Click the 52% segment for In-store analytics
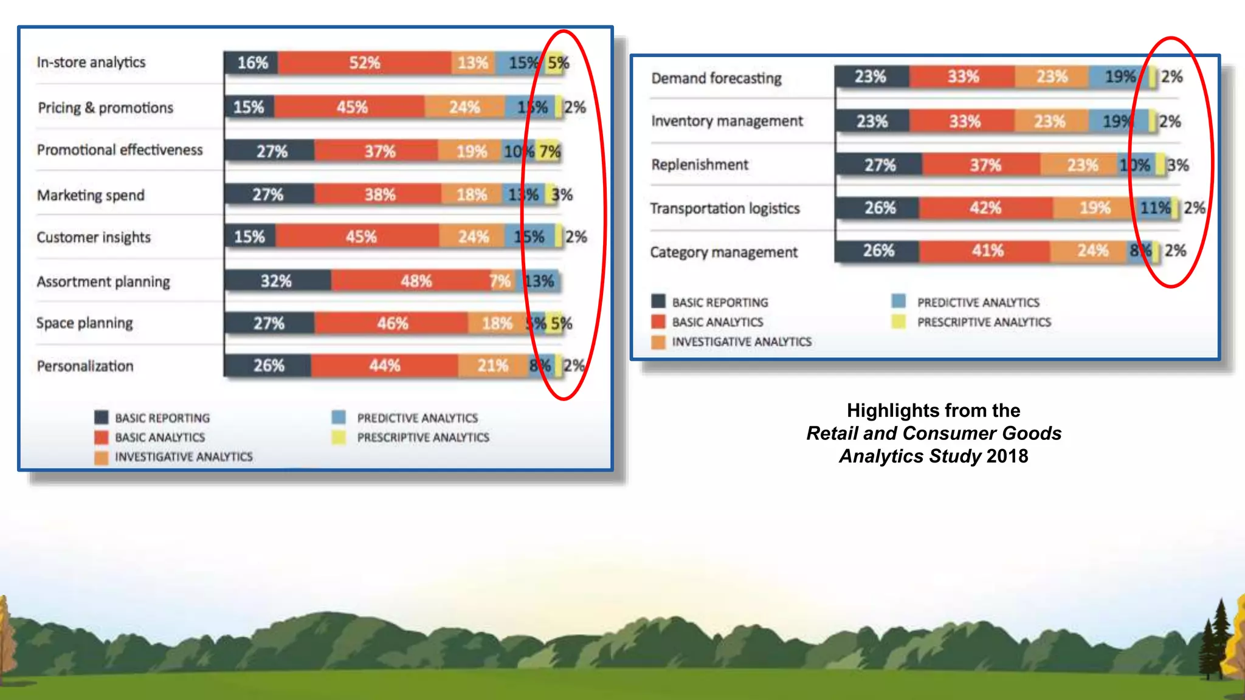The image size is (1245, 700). coord(365,63)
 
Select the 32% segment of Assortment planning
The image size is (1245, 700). coord(277,281)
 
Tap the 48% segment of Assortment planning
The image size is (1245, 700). coord(416,281)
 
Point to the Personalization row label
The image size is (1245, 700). coord(85,366)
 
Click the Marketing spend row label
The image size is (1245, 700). coord(91,195)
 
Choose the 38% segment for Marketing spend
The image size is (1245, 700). coord(379,194)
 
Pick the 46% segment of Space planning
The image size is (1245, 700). coord(392,323)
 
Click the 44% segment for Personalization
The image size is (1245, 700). coord(384,365)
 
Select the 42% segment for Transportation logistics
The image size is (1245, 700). coord(985,208)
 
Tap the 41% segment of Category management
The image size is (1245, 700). coord(987,250)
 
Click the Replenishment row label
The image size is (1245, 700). coord(700,165)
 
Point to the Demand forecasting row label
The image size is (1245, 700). coord(716,78)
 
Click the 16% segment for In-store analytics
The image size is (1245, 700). coord(252,63)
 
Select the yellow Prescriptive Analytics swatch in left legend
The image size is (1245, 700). coord(339,437)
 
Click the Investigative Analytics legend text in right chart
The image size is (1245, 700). coord(741,341)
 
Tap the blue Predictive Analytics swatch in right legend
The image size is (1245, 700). coord(898,301)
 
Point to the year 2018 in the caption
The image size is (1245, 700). coord(1007,456)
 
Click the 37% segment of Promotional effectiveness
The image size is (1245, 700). coord(379,151)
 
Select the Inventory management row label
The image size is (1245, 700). coord(726,121)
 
